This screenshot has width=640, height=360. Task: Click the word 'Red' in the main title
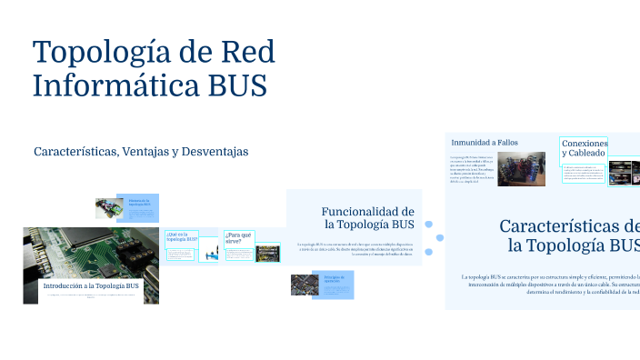click(x=242, y=51)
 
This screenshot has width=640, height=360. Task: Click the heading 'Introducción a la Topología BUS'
click(x=91, y=285)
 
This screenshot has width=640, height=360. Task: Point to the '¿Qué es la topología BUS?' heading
click(x=180, y=237)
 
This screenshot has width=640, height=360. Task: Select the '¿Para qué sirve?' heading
click(x=239, y=237)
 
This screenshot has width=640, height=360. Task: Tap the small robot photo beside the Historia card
click(x=110, y=207)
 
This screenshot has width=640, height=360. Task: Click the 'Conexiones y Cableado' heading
click(x=584, y=149)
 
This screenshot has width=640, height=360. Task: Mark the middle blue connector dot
click(x=440, y=238)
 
